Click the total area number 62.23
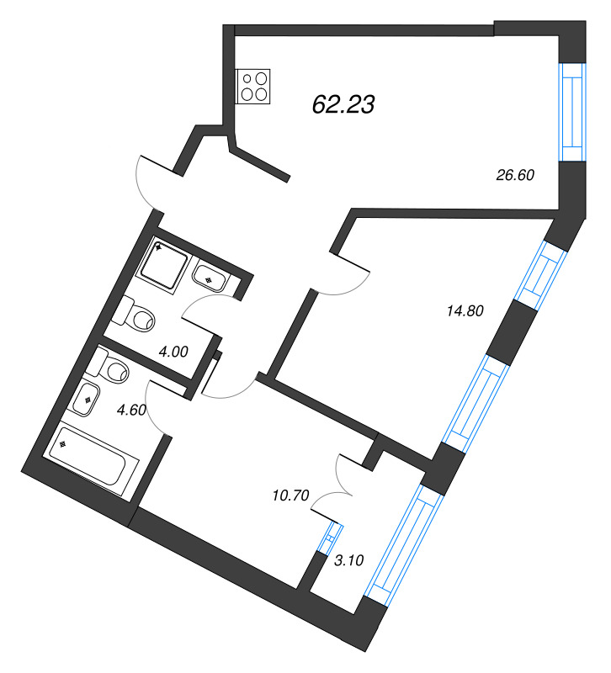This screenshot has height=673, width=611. (x=343, y=104)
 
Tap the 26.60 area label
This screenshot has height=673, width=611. (x=515, y=175)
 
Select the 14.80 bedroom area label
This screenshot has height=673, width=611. (x=465, y=310)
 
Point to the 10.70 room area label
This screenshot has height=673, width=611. (x=290, y=495)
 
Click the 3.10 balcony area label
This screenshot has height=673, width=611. (x=348, y=560)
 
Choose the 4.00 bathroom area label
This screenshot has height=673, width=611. (x=173, y=352)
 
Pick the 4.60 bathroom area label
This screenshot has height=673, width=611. (x=131, y=410)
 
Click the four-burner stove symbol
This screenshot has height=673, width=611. (x=253, y=87)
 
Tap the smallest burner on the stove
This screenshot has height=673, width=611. (x=247, y=78)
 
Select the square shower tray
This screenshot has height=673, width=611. (x=162, y=266)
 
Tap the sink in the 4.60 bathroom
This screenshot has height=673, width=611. (x=87, y=400)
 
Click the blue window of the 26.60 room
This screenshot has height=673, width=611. (x=573, y=112)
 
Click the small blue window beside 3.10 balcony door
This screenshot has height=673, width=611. (x=330, y=537)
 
